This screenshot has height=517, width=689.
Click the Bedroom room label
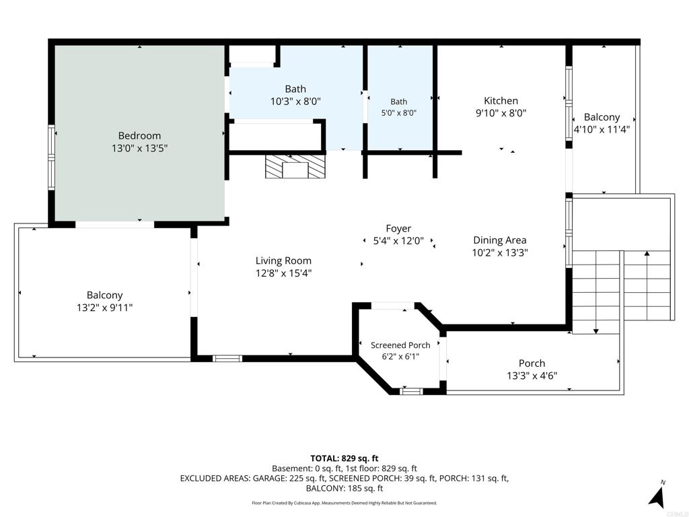tap(139, 136)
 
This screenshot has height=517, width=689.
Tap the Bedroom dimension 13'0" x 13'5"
tap(139, 148)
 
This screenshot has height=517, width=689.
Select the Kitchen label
tap(501, 101)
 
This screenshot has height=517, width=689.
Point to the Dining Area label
tap(500, 240)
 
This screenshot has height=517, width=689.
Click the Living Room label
tap(283, 261)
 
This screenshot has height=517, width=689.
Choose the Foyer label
tap(398, 229)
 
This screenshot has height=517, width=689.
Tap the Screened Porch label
tap(400, 345)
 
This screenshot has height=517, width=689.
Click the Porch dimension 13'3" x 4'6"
tap(532, 376)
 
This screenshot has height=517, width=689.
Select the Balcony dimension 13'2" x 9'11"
tap(104, 307)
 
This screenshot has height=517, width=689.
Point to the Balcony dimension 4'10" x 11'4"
tap(602, 130)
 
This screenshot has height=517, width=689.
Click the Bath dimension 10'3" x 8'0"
tap(295, 102)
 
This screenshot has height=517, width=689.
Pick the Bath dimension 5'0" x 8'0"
tap(398, 112)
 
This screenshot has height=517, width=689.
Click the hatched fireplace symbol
tap(295, 166)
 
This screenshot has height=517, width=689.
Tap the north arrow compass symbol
tap(657, 494)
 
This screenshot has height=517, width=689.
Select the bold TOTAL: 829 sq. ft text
tap(344, 458)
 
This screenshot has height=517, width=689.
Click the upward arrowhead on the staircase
tap(647, 254)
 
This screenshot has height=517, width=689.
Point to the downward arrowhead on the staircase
tap(596, 331)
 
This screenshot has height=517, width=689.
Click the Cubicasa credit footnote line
tap(344, 502)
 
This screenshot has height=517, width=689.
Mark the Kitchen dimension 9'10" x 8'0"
tap(501, 113)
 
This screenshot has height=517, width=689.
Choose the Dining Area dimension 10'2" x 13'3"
tap(500, 253)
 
